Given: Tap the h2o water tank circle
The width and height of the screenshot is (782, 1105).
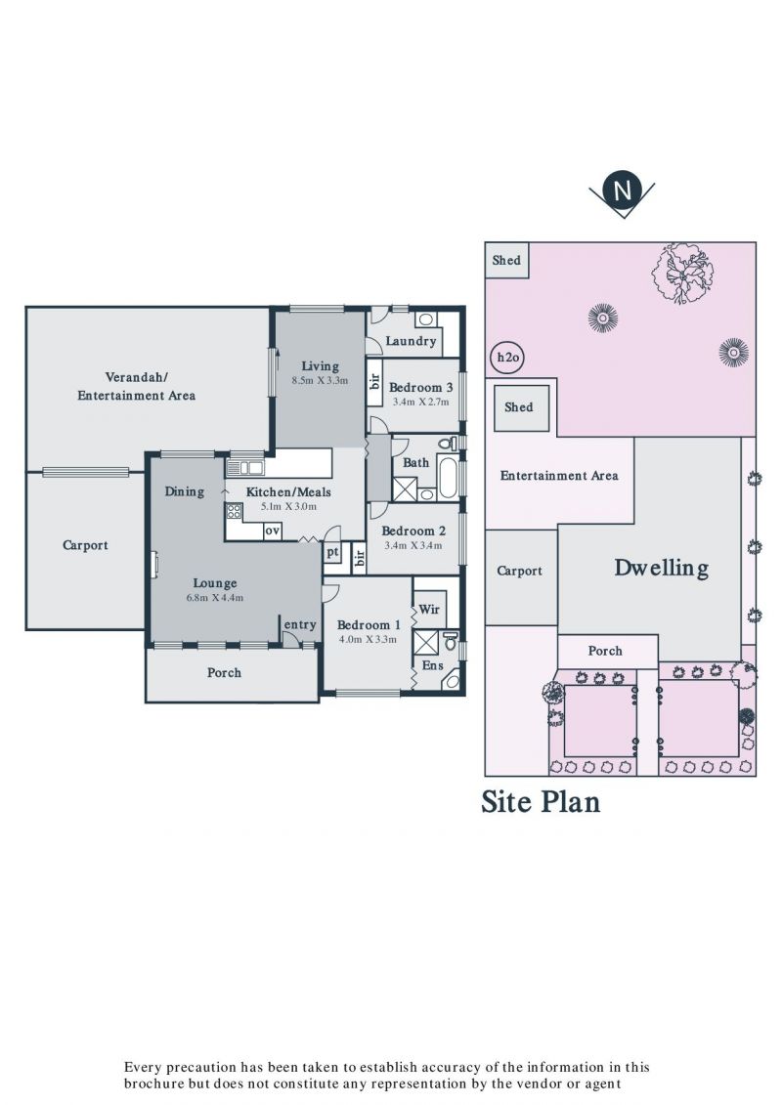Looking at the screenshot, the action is (x=507, y=358).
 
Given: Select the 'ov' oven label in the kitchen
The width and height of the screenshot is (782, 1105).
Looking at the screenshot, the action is (x=272, y=531).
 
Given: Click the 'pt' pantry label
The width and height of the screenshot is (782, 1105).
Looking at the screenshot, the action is (x=332, y=553).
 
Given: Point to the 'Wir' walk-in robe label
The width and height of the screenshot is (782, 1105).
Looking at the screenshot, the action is (x=429, y=609).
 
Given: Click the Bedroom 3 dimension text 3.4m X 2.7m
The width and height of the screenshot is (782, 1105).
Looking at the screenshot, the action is (x=420, y=402).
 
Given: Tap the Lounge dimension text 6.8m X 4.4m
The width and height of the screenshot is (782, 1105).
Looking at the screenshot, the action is (x=215, y=598).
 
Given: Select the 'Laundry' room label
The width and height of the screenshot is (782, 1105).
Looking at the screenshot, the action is (x=411, y=341).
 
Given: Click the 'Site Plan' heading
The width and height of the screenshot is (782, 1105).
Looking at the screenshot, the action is (x=541, y=802).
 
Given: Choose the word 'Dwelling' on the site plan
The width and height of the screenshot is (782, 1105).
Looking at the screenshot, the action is (x=662, y=568).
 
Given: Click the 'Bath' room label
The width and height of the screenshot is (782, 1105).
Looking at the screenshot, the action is (x=415, y=462).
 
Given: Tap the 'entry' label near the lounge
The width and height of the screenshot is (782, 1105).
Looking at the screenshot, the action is (x=300, y=625).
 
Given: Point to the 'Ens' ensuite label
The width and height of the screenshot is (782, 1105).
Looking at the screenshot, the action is (x=432, y=665).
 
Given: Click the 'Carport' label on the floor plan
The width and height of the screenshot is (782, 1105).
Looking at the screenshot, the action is (x=85, y=545).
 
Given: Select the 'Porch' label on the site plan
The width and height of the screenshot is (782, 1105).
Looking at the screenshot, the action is (x=605, y=651).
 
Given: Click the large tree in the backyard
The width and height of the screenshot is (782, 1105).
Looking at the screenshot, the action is (x=682, y=272).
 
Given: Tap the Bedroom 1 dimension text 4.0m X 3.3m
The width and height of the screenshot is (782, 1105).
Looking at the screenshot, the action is (x=368, y=639).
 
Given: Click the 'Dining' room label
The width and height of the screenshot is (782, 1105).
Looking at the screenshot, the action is (x=184, y=491).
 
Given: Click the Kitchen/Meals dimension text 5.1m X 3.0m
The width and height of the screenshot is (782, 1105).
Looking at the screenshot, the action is (x=288, y=506).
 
